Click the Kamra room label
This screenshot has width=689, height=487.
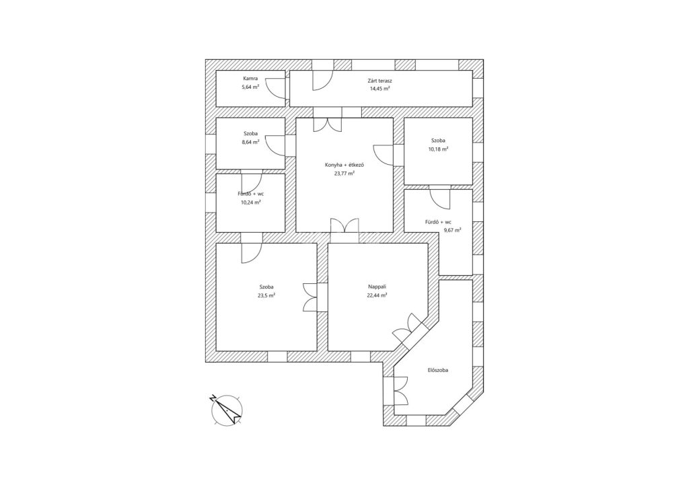pyautogui.click(x=250, y=79)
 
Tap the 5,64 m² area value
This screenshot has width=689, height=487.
pyautogui.click(x=250, y=87)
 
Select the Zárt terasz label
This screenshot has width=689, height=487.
pyautogui.click(x=380, y=80)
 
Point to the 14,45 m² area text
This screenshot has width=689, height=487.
pyautogui.click(x=380, y=88)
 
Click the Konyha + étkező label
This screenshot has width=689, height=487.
pyautogui.click(x=344, y=165)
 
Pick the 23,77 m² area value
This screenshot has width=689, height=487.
pyautogui.click(x=344, y=173)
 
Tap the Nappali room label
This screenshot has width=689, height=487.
pyautogui.click(x=377, y=287)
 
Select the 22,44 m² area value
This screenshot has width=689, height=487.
pyautogui.click(x=377, y=295)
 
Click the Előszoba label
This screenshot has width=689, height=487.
pyautogui.click(x=438, y=371)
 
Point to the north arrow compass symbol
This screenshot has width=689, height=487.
pyautogui.click(x=226, y=409)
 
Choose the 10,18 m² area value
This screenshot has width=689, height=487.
pyautogui.click(x=438, y=149)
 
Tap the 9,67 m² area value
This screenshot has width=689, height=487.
pyautogui.click(x=452, y=230)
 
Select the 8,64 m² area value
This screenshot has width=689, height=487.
pyautogui.click(x=250, y=143)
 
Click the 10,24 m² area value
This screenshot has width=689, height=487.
pyautogui.click(x=250, y=202)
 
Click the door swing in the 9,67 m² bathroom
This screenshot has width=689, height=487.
pyautogui.click(x=440, y=199)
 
